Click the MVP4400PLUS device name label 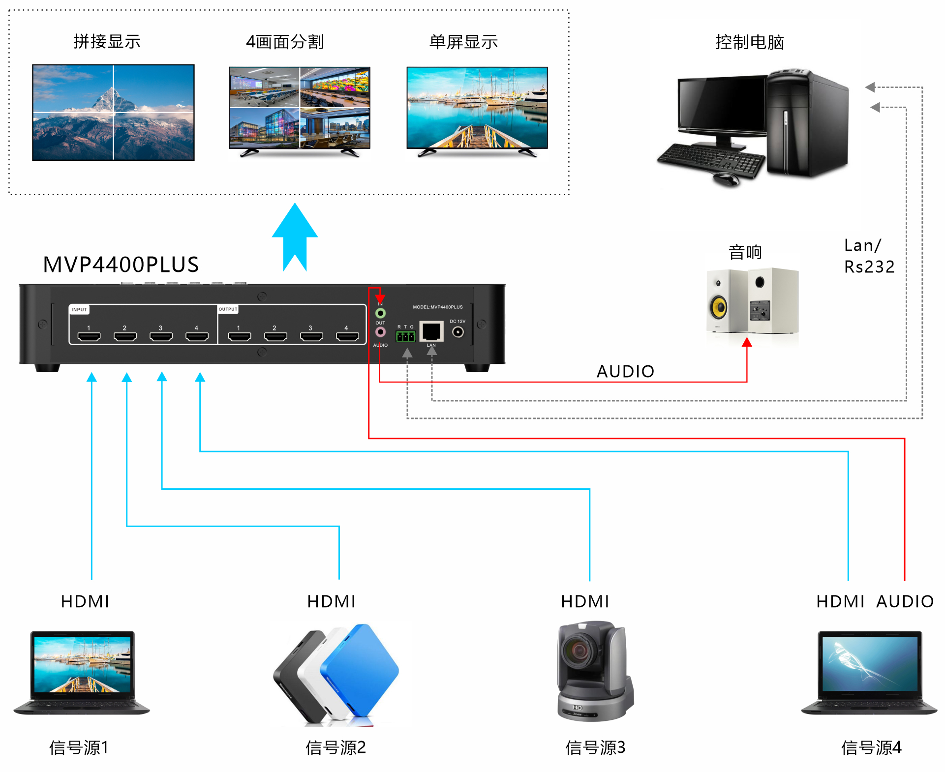point(121,265)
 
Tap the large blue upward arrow point(295,236)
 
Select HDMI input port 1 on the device point(89,336)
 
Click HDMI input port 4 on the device point(197,336)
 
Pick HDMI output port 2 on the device point(275,336)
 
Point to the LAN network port point(431,331)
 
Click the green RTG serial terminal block point(406,336)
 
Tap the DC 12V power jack point(458,332)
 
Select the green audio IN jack point(380,313)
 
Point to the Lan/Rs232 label point(869,256)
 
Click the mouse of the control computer point(726,179)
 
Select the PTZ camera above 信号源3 point(594,671)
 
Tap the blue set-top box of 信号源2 point(360,669)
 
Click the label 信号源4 point(871,747)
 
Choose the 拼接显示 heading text point(107,42)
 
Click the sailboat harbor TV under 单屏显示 point(477,108)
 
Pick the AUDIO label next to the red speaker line point(625,371)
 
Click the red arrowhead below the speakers point(747,342)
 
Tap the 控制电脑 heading point(749,42)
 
